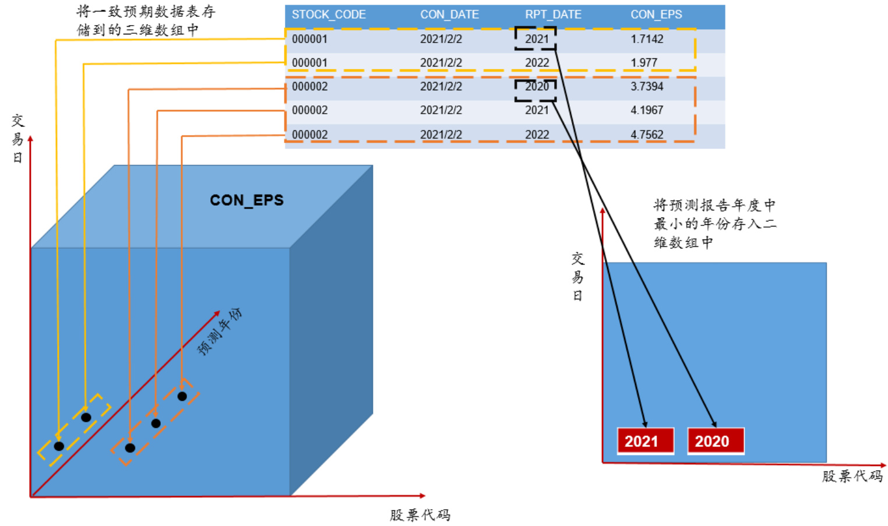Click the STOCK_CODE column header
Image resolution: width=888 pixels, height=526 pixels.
(329, 15)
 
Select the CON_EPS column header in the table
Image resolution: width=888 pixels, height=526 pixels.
(656, 15)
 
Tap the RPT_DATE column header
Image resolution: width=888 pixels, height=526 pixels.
(553, 15)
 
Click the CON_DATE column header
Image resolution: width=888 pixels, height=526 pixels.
(449, 15)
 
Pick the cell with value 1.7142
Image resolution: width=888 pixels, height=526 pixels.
(647, 39)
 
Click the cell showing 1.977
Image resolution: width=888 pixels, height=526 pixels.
(643, 62)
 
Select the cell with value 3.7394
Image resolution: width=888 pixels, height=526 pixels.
(647, 86)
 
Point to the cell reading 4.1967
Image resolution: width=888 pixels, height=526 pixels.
(647, 110)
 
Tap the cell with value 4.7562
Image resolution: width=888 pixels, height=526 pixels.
(647, 135)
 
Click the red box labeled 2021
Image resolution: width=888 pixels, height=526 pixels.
(645, 441)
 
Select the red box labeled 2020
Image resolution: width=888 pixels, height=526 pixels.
(715, 441)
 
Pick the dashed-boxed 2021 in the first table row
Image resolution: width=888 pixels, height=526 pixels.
(536, 39)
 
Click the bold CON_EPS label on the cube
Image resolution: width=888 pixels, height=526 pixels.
(246, 200)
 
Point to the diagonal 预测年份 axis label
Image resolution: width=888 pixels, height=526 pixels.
(220, 331)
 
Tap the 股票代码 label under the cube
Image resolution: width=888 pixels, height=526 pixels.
(420, 515)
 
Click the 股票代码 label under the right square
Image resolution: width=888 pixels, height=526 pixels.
(852, 476)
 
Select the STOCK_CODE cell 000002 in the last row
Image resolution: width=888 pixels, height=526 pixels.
(309, 135)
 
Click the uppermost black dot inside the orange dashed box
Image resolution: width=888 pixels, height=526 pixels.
(182, 396)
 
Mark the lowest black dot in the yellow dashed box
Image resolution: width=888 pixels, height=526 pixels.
(59, 446)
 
